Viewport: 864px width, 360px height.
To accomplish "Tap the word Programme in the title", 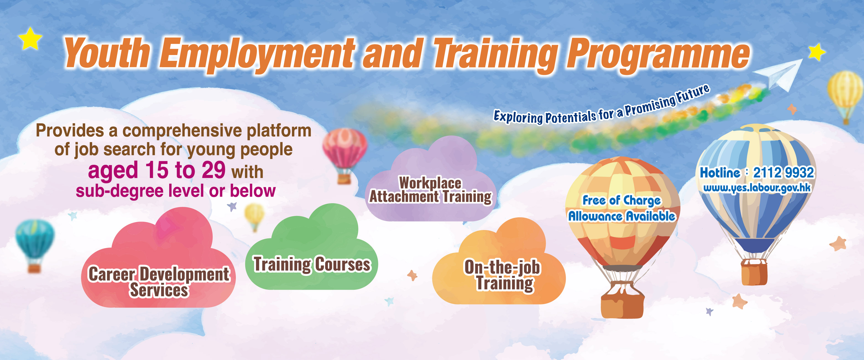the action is coord(658,55).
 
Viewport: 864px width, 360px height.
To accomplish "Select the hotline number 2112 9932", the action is coord(784,173).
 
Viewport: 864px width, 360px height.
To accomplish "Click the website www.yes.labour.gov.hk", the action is coord(757,188).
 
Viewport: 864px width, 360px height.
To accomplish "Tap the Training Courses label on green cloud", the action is coord(312,264).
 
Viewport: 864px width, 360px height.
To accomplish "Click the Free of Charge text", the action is coord(622,200).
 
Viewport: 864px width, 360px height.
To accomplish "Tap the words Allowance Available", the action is coord(622,216).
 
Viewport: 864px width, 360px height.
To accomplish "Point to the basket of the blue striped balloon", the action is coord(754,272).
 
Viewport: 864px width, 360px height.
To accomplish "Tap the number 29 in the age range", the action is coord(214,170).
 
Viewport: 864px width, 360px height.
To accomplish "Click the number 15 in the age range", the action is coord(157,170).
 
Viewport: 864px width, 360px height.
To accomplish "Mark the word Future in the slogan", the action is coord(693,94).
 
